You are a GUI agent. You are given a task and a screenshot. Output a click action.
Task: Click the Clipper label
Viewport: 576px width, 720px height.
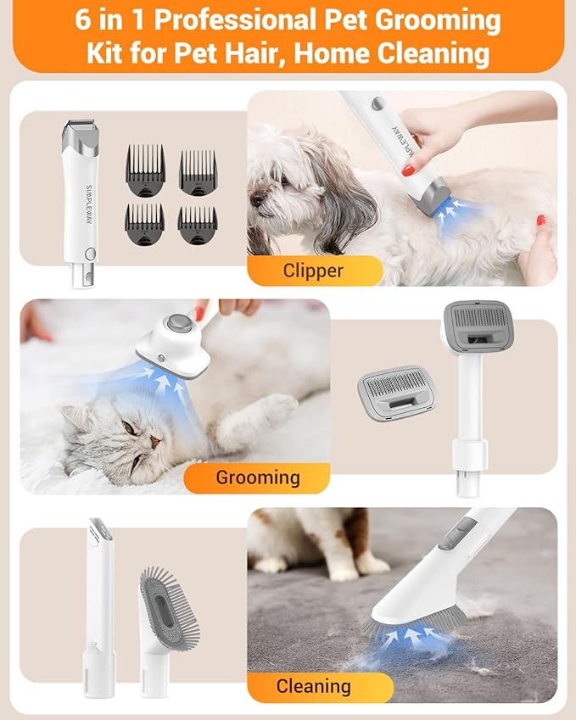point(313,271)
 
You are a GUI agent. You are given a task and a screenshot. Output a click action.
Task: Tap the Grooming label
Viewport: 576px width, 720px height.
point(258,477)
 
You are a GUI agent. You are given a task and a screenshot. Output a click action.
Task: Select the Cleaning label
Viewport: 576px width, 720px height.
point(313,686)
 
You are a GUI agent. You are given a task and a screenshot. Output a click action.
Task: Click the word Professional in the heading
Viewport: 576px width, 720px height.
point(235,20)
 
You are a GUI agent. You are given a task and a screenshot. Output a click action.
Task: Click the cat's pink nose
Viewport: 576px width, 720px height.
point(154,442)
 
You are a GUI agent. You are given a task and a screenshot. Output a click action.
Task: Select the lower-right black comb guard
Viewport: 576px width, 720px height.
point(198,225)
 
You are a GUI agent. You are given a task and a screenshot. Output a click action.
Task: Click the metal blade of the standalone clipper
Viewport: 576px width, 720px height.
point(80,124)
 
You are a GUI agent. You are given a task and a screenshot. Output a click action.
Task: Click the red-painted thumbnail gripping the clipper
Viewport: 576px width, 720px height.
point(408,170)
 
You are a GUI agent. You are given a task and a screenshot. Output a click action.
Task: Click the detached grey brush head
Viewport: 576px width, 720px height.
point(397,392)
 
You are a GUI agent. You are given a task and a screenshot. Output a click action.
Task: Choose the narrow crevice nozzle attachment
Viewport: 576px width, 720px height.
point(99,608)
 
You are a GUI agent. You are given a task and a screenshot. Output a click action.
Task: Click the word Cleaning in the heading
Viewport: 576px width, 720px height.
point(433,53)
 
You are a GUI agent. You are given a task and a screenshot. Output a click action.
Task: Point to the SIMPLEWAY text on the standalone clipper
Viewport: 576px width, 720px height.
point(89,204)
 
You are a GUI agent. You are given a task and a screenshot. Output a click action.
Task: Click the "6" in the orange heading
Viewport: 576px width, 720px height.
point(82,20)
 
